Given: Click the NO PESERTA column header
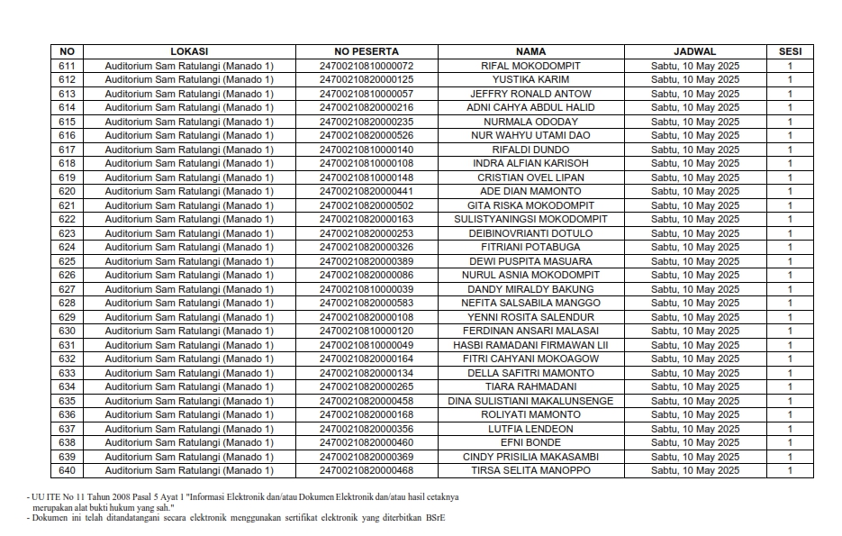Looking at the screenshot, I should [366, 51].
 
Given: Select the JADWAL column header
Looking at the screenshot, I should [694, 51].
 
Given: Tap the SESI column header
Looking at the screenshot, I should [790, 51].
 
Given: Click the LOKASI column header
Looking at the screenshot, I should [188, 51].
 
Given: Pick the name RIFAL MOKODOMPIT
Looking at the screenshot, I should [530, 66].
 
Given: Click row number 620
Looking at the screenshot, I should [67, 191].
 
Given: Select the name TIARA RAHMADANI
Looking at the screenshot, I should [530, 386].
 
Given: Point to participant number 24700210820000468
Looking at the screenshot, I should [366, 470].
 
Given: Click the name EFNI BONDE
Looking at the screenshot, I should [530, 442].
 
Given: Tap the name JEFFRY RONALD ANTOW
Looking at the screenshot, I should [530, 94].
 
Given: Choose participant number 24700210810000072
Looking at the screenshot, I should [366, 66].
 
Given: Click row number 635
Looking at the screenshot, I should [67, 401].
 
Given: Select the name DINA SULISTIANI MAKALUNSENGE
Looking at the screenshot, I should [530, 401].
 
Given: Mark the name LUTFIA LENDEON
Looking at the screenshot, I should [530, 429].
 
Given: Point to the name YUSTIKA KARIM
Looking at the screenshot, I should [530, 79].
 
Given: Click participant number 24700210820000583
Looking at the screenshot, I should [366, 303].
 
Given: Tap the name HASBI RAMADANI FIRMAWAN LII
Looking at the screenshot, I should [530, 345].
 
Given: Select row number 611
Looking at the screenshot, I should [67, 66].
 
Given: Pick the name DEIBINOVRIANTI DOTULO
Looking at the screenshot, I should [530, 233].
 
